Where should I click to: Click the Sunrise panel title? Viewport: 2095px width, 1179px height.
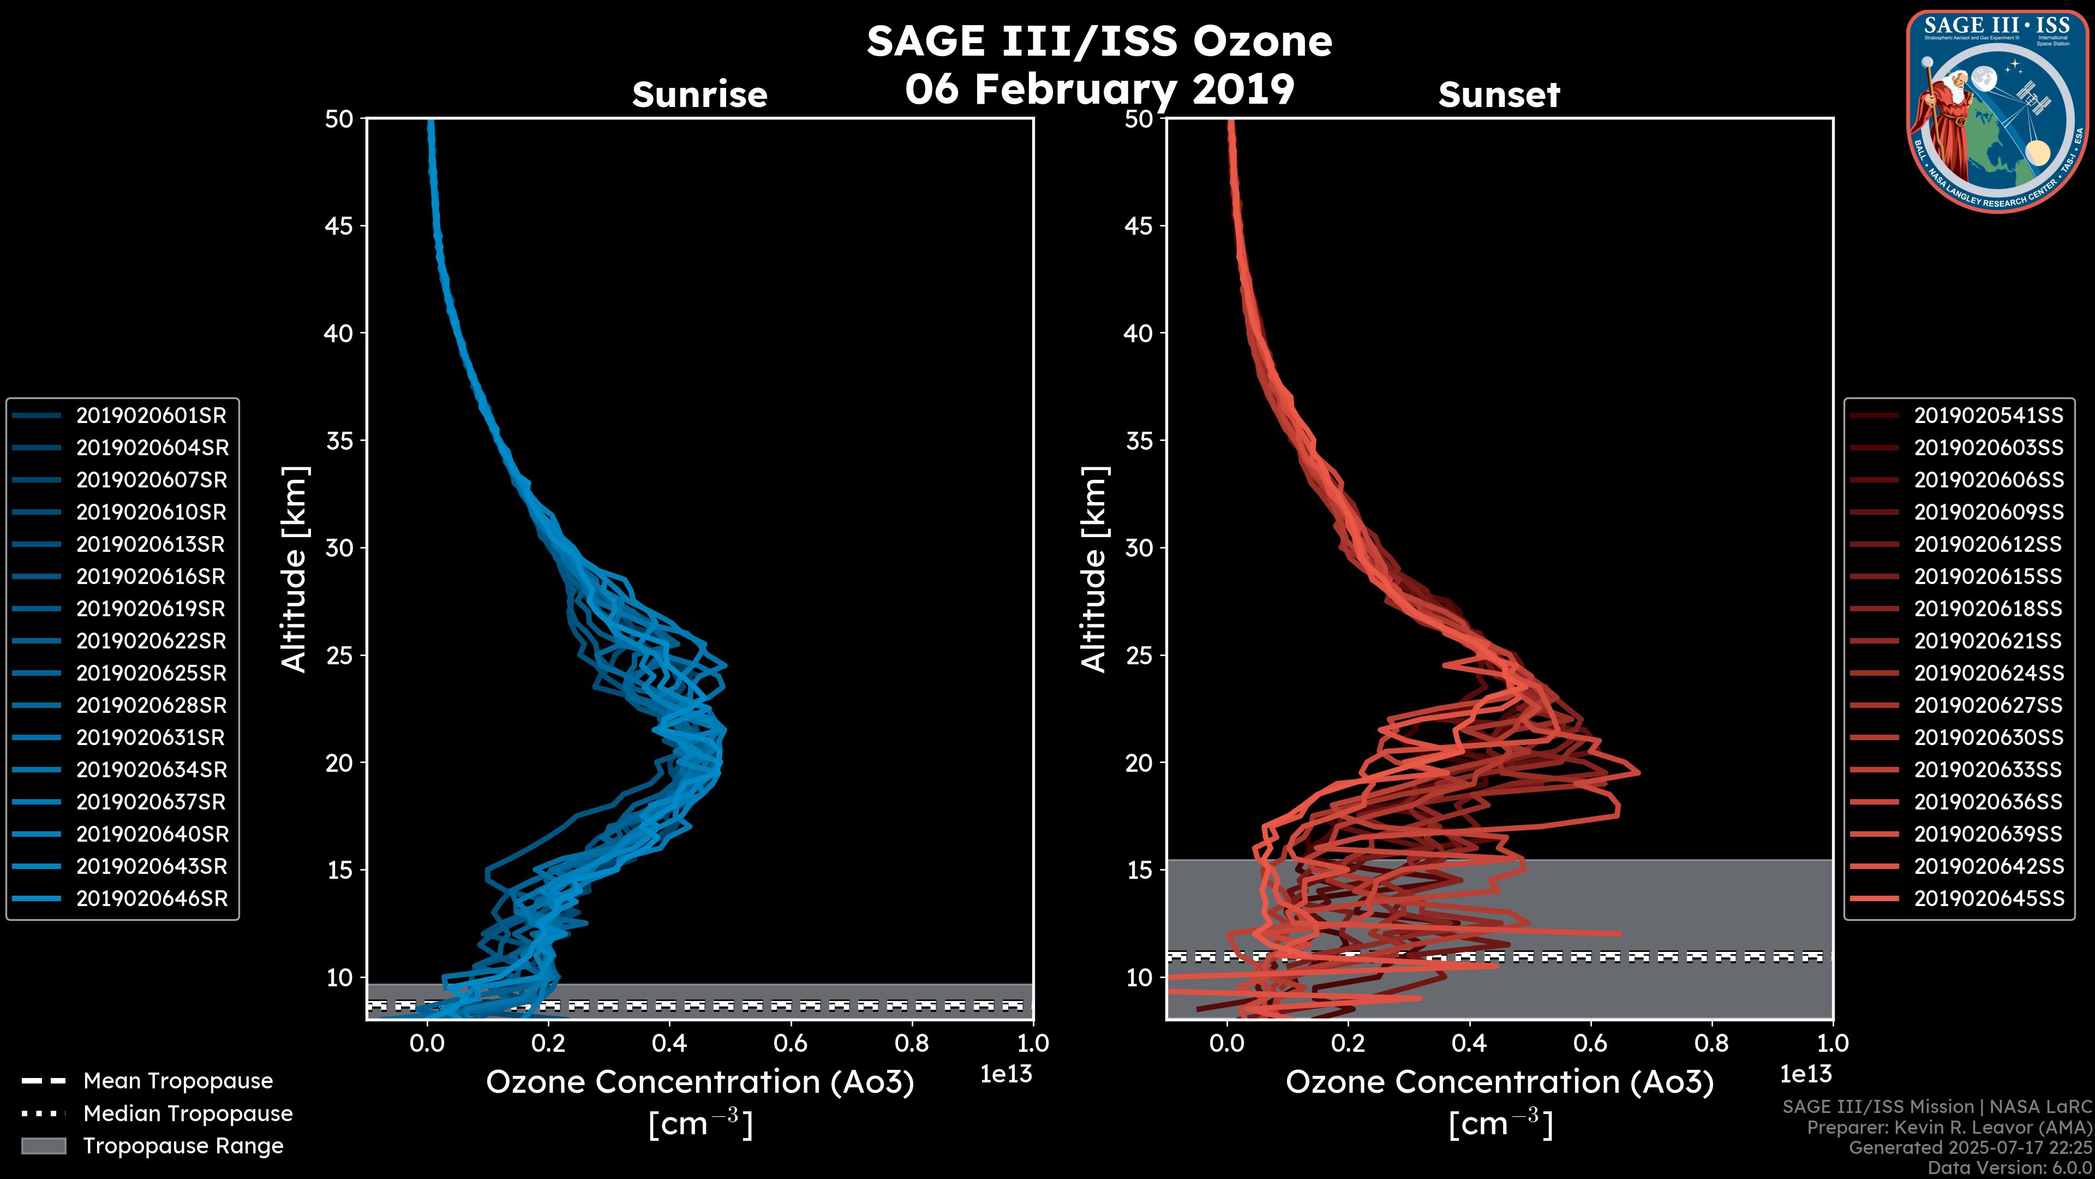pyautogui.click(x=699, y=95)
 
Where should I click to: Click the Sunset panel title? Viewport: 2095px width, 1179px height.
pyautogui.click(x=1499, y=95)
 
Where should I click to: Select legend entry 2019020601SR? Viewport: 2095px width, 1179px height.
pyautogui.click(x=151, y=416)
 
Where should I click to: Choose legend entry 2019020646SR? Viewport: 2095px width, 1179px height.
pyautogui.click(x=151, y=898)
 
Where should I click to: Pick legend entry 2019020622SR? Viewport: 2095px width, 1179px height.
pyautogui.click(x=151, y=641)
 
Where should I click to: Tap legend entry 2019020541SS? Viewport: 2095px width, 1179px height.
pyautogui.click(x=1989, y=416)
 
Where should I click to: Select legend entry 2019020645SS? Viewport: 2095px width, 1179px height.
pyautogui.click(x=1989, y=898)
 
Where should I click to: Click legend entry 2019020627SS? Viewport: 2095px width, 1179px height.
pyautogui.click(x=1989, y=705)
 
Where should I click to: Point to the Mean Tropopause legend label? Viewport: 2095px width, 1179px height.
pyautogui.click(x=178, y=1081)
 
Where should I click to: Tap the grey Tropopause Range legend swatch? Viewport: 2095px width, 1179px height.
pyautogui.click(x=43, y=1146)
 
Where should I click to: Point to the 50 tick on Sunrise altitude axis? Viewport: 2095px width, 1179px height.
pyautogui.click(x=340, y=119)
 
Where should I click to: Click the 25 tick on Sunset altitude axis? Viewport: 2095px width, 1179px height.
pyautogui.click(x=1139, y=655)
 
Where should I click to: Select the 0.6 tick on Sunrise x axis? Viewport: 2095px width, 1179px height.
pyautogui.click(x=791, y=1043)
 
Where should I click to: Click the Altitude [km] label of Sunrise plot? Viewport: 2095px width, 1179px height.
pyautogui.click(x=295, y=569)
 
